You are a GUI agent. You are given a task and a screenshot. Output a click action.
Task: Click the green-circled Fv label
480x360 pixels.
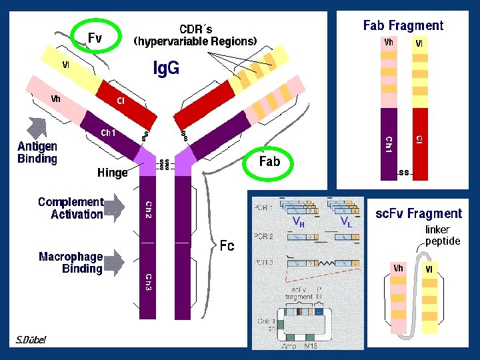click(x=95, y=38)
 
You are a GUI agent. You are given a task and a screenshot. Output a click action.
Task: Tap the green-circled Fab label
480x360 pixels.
click(x=269, y=161)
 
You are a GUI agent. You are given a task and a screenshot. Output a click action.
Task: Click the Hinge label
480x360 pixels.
click(x=112, y=173)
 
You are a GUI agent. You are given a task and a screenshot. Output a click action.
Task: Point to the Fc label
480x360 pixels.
click(x=227, y=246)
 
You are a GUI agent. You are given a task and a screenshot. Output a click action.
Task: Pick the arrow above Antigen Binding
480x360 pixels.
click(x=35, y=127)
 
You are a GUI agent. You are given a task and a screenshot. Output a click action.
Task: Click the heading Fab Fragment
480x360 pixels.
click(x=403, y=25)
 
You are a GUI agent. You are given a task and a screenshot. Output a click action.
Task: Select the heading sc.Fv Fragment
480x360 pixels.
click(x=418, y=213)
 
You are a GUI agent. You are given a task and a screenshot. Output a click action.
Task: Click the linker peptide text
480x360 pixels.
click(x=443, y=235)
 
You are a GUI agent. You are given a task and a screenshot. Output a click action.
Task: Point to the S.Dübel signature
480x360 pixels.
click(x=31, y=340)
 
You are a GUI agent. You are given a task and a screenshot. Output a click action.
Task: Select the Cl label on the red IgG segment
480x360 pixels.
click(x=121, y=101)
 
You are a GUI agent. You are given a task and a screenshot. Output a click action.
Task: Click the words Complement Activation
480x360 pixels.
click(x=71, y=208)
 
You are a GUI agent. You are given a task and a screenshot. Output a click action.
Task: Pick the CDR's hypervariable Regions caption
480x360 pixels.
click(x=195, y=35)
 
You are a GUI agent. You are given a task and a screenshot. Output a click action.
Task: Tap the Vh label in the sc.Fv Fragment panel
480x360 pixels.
click(x=398, y=269)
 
